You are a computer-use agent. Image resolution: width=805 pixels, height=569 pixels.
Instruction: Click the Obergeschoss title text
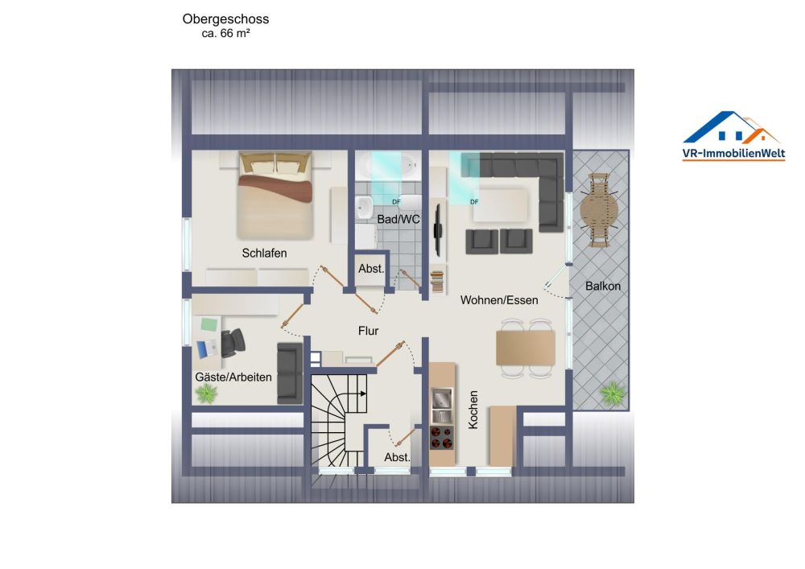point(225,19)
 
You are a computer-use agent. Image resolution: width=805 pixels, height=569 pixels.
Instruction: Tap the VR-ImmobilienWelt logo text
point(733,153)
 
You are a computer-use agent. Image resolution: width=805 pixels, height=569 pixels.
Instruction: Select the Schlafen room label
point(264,253)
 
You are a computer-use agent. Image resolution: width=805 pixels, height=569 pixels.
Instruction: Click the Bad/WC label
point(398,219)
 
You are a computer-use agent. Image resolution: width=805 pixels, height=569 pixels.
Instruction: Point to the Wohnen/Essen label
point(499,300)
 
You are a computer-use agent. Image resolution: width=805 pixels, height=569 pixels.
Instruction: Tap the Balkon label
point(603,286)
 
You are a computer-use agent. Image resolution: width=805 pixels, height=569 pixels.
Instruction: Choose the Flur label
point(368,331)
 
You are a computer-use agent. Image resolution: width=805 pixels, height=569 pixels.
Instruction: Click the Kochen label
point(473,410)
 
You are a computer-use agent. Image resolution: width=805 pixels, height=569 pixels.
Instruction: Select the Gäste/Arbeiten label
point(233,377)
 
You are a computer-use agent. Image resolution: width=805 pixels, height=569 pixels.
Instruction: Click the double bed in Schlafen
point(275,196)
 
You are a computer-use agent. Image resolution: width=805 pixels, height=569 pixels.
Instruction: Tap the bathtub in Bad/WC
point(388,165)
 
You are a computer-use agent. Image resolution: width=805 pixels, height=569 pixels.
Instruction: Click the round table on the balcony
point(599,210)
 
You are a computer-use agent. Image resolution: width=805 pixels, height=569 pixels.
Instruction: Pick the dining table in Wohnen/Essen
point(525,348)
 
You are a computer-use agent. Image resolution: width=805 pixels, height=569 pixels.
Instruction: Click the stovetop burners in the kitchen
point(441,437)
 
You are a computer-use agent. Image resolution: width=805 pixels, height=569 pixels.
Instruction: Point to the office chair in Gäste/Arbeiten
point(233,342)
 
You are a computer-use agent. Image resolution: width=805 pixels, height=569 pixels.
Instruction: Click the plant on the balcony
point(613,394)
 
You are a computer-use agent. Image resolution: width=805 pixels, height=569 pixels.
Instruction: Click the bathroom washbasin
point(364,207)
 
